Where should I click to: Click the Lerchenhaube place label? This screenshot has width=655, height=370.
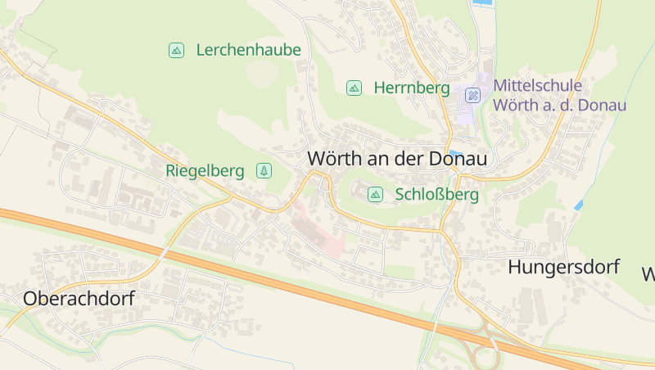tap(248, 50)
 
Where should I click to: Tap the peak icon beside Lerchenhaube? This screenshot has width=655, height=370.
tap(176, 50)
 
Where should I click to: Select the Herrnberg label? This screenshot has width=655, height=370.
tap(412, 88)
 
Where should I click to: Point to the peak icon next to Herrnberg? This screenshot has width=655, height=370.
tap(354, 88)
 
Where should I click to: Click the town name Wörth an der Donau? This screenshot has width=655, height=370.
tap(397, 159)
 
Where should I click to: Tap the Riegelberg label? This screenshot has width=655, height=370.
tap(205, 171)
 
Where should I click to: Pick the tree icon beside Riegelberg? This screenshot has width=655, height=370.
tap(264, 170)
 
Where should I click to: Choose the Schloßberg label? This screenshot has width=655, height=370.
tap(436, 195)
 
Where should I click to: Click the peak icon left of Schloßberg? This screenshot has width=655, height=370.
tap(375, 194)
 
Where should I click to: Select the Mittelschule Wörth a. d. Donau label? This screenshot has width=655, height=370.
tap(559, 95)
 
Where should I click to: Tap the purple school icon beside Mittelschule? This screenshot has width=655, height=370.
tap(472, 95)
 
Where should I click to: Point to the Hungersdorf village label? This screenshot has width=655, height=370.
tap(563, 267)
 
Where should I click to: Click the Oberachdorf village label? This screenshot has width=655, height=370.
tap(79, 299)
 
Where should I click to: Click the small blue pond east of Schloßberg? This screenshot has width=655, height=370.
tap(578, 205)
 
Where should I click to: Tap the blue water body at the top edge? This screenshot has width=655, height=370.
tap(482, 3)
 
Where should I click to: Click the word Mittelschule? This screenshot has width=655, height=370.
tap(538, 85)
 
